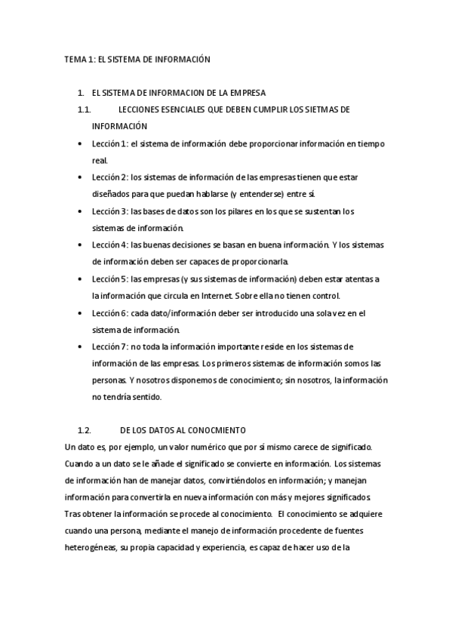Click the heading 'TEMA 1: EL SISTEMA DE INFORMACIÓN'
coord(136,58)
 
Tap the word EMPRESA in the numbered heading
coord(245,93)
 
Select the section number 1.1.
coord(85,109)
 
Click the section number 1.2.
coord(85,430)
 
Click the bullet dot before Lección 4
coord(81,246)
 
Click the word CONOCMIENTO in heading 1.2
coord(220,430)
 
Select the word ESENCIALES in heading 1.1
coord(181,109)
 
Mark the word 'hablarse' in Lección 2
coord(205,194)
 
